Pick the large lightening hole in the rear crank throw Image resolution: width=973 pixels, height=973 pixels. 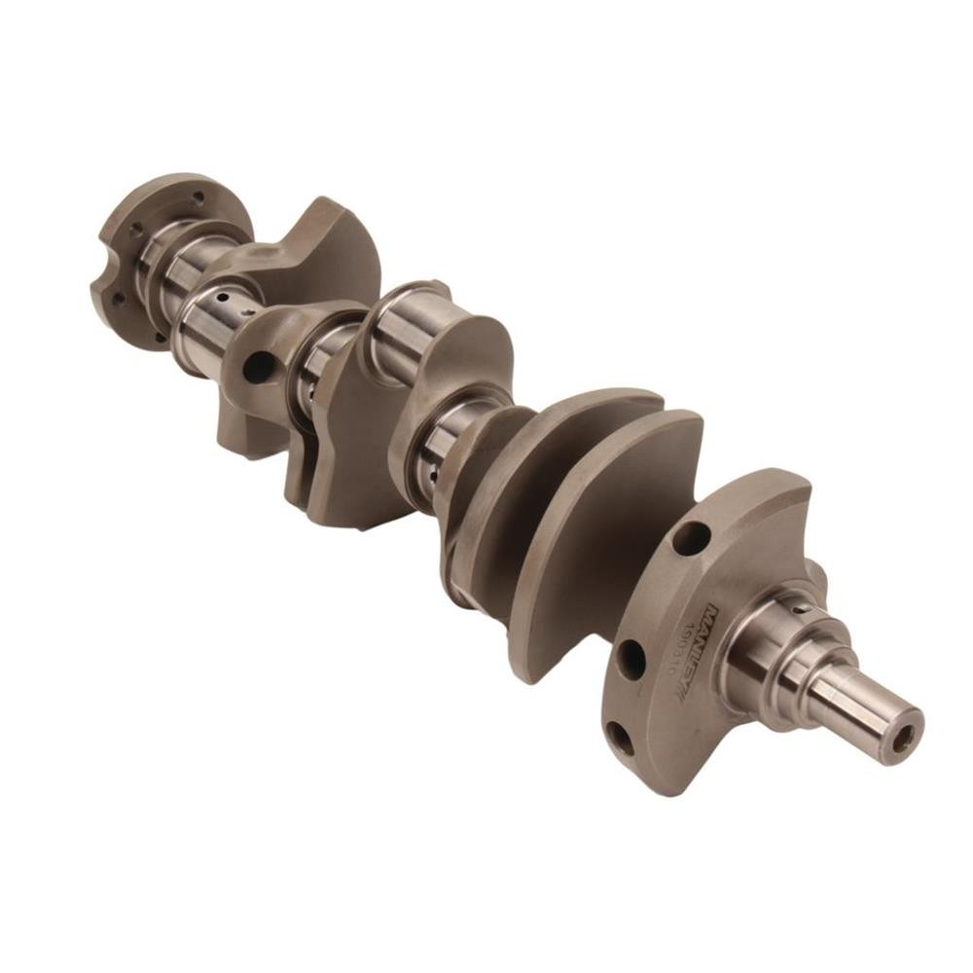(259, 367)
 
